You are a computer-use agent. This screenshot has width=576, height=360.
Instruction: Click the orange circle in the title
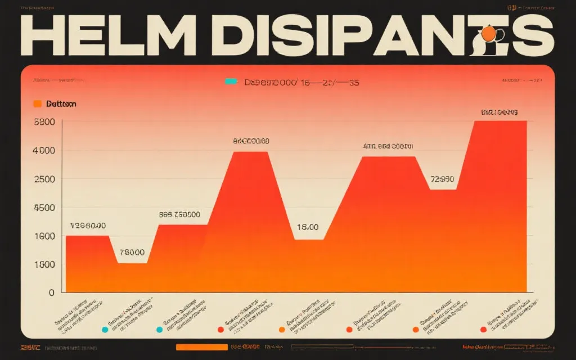click(489, 34)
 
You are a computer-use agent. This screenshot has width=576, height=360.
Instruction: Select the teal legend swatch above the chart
click(231, 82)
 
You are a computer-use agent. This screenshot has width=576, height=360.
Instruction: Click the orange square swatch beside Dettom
click(38, 104)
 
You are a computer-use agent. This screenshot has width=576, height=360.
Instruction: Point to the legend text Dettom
click(61, 104)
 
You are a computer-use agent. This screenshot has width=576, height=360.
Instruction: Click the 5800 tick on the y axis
click(44, 121)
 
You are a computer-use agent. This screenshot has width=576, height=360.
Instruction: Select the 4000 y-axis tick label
click(44, 150)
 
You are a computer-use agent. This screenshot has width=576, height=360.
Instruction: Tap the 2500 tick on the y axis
click(44, 179)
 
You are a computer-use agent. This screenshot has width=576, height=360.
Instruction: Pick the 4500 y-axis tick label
click(44, 208)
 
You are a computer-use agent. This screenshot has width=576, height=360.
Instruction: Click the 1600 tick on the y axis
click(44, 236)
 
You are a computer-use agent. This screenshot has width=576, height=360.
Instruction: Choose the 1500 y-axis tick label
click(44, 264)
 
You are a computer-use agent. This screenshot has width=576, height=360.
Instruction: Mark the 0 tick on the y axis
click(51, 292)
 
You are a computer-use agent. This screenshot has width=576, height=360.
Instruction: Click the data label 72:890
click(442, 179)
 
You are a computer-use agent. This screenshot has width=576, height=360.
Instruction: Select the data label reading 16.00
click(307, 227)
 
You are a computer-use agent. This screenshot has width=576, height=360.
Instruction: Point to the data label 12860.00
click(88, 226)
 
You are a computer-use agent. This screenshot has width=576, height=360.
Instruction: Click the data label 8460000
click(251, 141)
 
